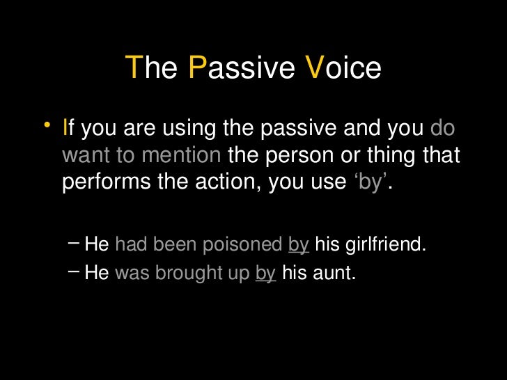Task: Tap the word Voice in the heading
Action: coord(343,69)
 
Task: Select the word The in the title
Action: coord(151,69)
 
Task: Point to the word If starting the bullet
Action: coord(67,129)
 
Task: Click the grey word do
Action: coord(443,129)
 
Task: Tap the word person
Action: coord(297,155)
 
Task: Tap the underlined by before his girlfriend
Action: coord(298,244)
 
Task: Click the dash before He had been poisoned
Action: coord(74,244)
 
